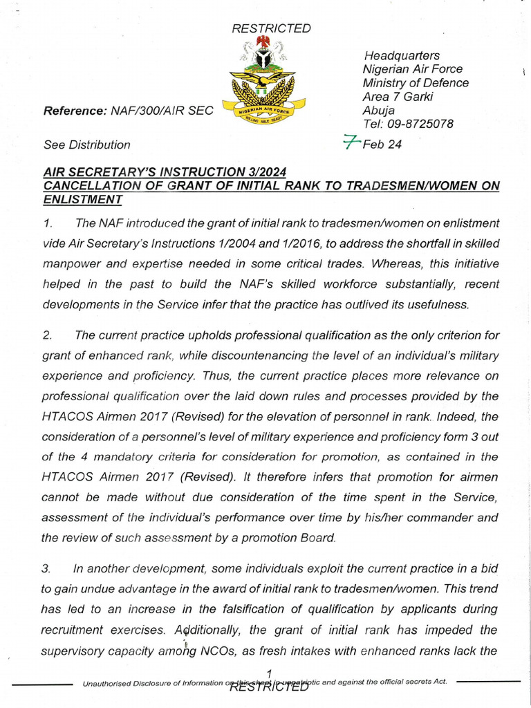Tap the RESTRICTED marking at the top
click(271, 28)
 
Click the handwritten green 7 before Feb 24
click(353, 143)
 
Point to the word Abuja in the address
click(378, 111)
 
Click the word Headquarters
click(402, 55)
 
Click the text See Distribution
click(86, 145)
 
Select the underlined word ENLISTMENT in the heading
click(82, 199)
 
